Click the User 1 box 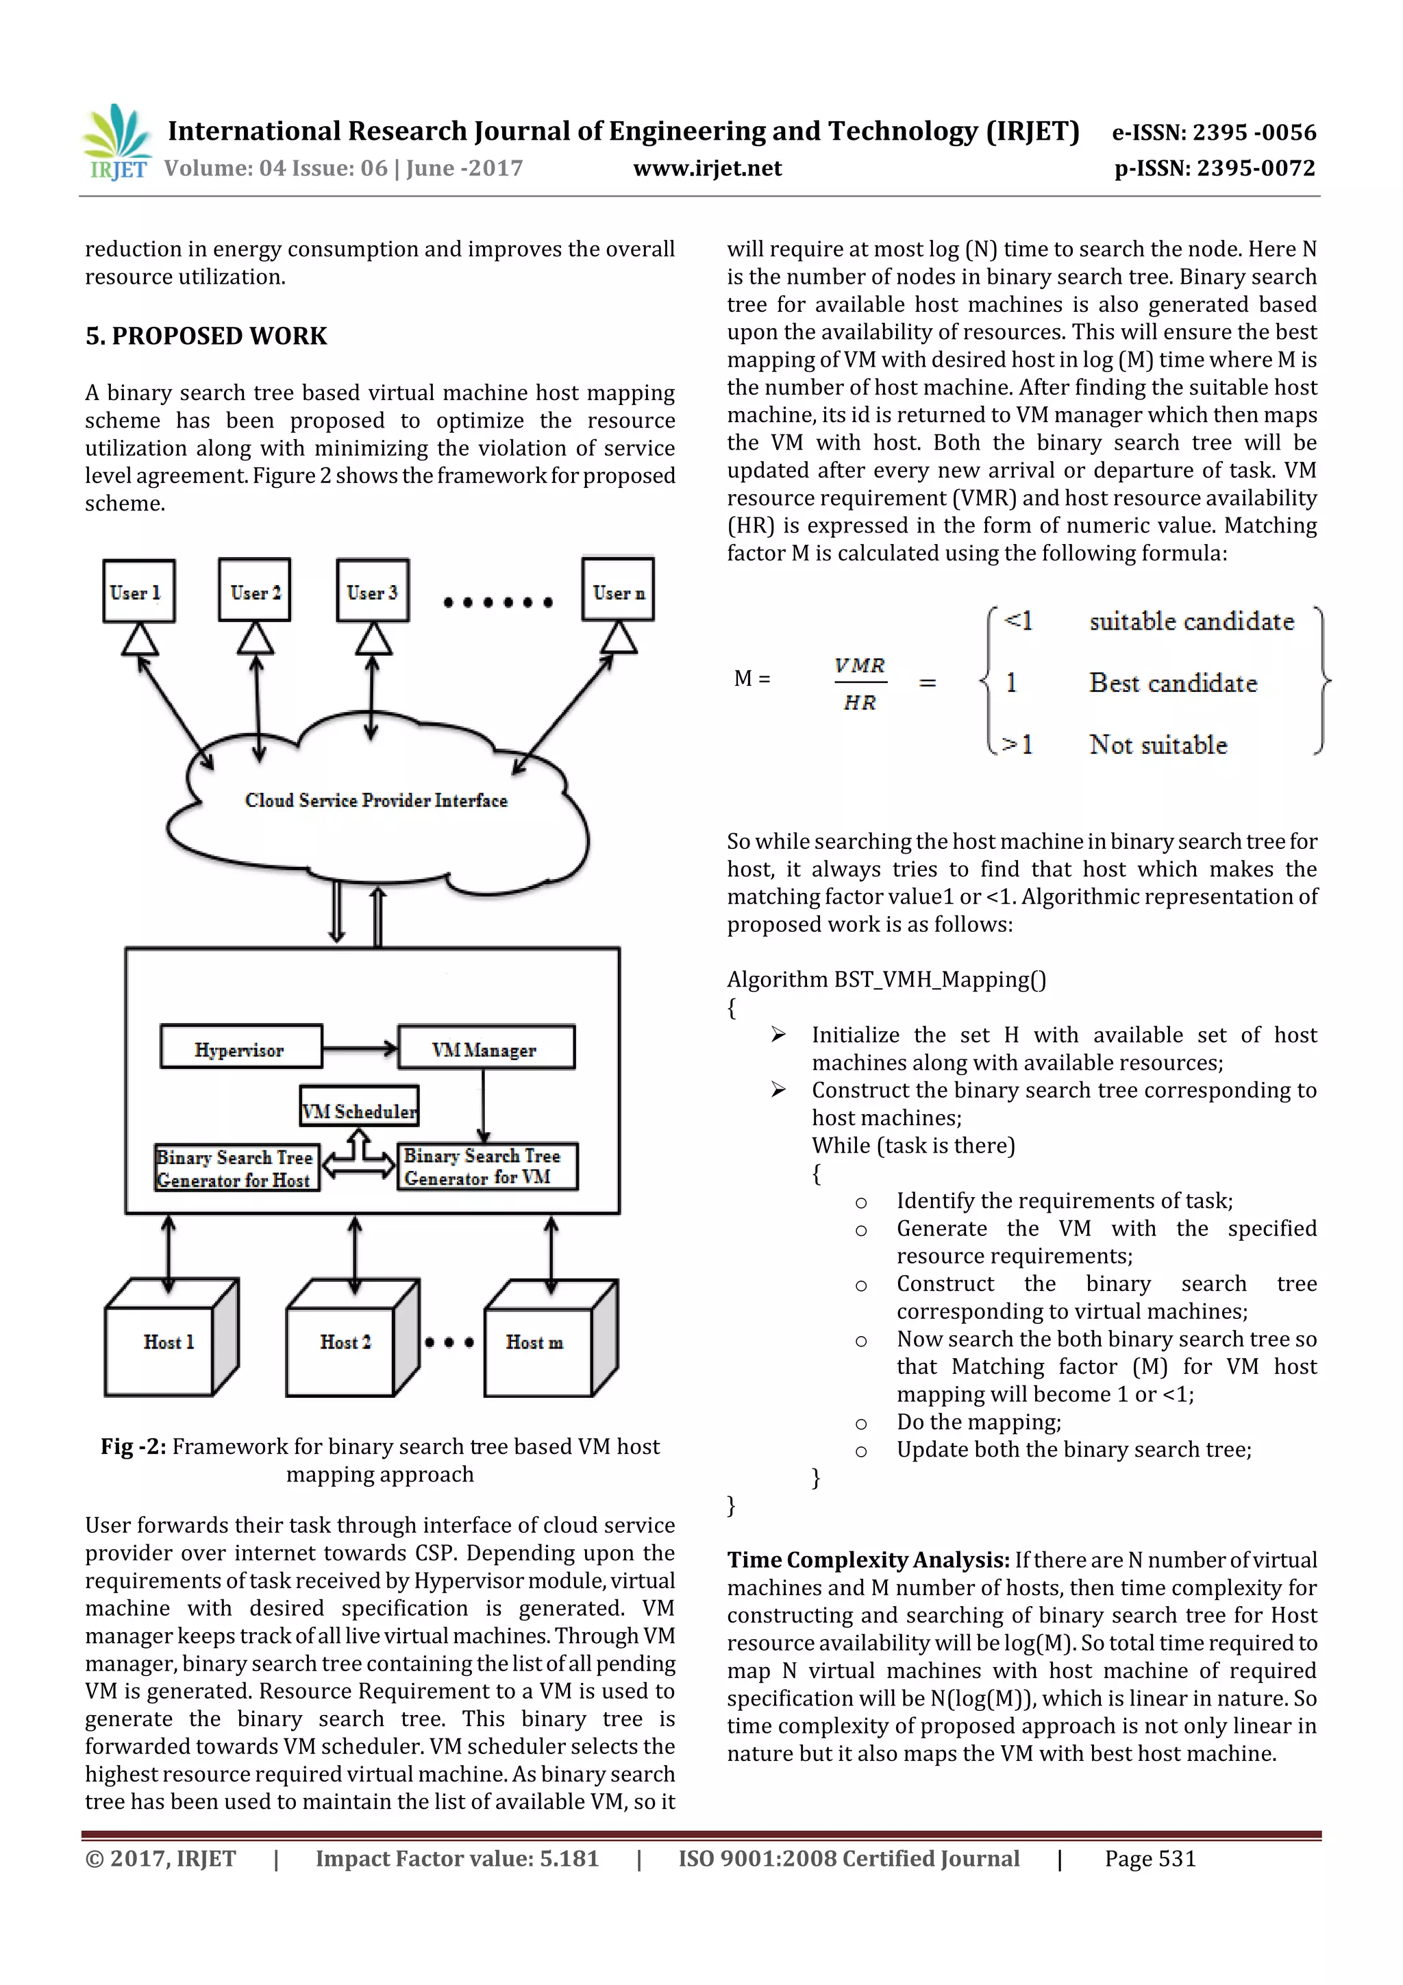coord(138,591)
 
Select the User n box coord(618,591)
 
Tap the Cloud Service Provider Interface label coord(376,800)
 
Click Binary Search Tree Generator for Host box coord(236,1168)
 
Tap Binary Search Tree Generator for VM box coord(486,1166)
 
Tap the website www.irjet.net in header coord(706,168)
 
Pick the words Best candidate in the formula coord(1172,683)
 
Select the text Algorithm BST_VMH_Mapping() coord(885,980)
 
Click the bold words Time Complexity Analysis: coord(867,1560)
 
